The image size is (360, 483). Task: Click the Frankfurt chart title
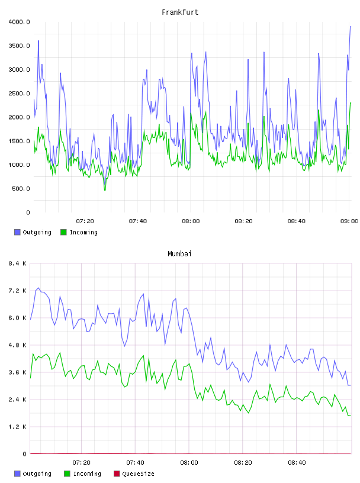pyautogui.click(x=180, y=12)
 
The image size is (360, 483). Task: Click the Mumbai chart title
pyautogui.click(x=179, y=254)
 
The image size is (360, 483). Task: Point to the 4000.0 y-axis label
pyautogui.click(x=19, y=22)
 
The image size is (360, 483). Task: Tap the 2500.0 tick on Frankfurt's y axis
pyautogui.click(x=19, y=94)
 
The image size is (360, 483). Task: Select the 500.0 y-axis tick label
pyautogui.click(x=21, y=188)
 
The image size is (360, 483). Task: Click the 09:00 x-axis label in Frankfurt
pyautogui.click(x=349, y=221)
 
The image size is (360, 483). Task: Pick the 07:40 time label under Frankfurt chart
pyautogui.click(x=138, y=221)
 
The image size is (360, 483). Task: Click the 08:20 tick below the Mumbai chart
pyautogui.click(x=243, y=463)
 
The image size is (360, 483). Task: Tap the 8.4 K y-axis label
pyautogui.click(x=17, y=263)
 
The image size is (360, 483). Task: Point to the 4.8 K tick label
pyautogui.click(x=17, y=345)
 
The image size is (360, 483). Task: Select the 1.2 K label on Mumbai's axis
pyautogui.click(x=17, y=427)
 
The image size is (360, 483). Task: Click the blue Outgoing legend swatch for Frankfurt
pyautogui.click(x=17, y=232)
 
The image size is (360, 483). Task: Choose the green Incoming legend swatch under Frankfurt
pyautogui.click(x=63, y=232)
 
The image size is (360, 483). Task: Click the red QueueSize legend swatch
pyautogui.click(x=117, y=474)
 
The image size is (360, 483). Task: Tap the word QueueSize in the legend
pyautogui.click(x=138, y=474)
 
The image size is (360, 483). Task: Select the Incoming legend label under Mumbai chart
pyautogui.click(x=87, y=474)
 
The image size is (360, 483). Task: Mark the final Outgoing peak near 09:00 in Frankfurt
pyautogui.click(x=351, y=27)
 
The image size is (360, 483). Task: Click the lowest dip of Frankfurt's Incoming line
pyautogui.click(x=105, y=190)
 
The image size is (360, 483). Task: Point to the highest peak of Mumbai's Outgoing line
pyautogui.click(x=38, y=288)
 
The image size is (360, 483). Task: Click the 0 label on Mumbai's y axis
pyautogui.click(x=24, y=454)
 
